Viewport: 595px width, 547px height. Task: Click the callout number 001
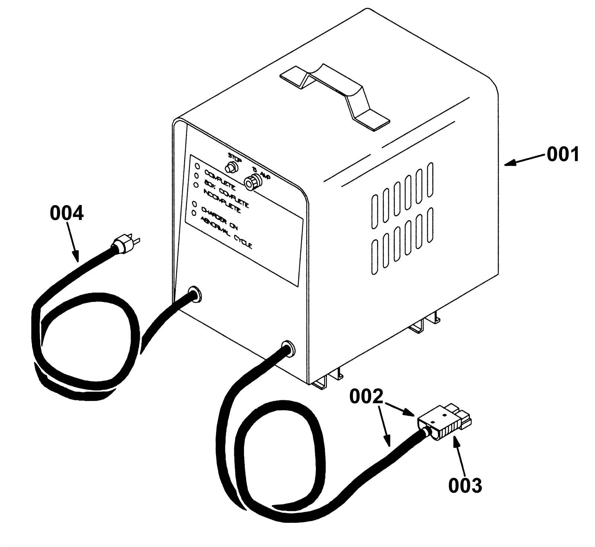pos(563,154)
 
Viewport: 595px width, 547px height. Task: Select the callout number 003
pos(465,485)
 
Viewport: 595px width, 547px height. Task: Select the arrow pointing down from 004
pos(73,242)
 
